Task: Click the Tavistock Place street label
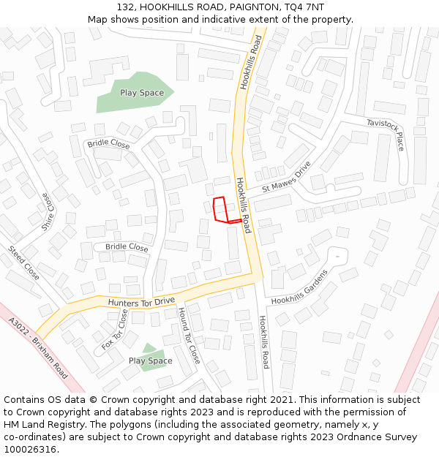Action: pyautogui.click(x=386, y=135)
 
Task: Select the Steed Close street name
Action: pyautogui.click(x=24, y=262)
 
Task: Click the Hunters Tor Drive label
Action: pyautogui.click(x=141, y=301)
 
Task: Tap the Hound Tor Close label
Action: pyautogui.click(x=189, y=335)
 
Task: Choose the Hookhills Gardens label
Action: pyautogui.click(x=300, y=287)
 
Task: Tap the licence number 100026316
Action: pyautogui.click(x=29, y=450)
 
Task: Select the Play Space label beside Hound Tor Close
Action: pyautogui.click(x=151, y=360)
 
